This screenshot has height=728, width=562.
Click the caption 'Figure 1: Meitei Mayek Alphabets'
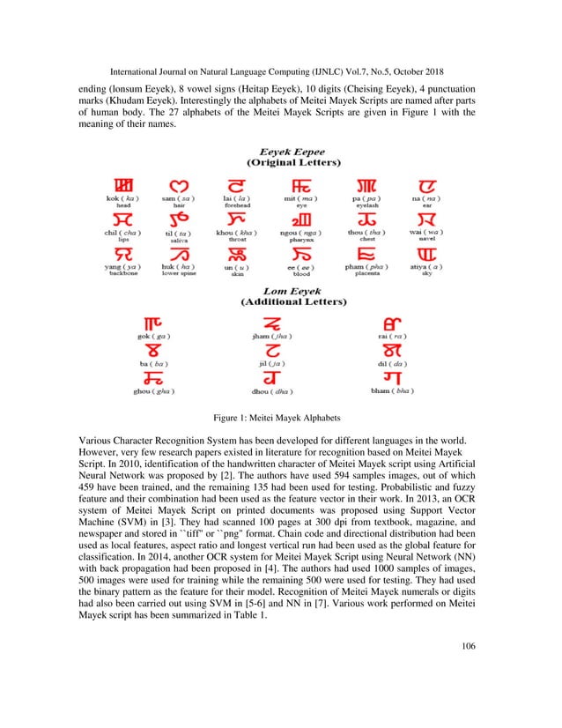click(x=281, y=417)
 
